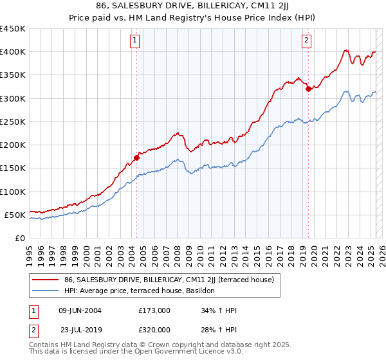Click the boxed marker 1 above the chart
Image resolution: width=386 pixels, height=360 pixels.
136,40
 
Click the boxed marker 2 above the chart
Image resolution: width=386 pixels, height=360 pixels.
307,40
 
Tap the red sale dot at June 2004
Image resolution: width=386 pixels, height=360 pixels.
136,157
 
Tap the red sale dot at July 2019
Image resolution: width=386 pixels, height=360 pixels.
308,89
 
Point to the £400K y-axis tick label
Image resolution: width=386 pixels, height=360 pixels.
13,52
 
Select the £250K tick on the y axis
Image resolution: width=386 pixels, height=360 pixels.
13,122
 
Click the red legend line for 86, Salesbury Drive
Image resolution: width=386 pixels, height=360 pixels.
46,280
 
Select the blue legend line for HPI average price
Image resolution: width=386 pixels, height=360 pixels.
46,291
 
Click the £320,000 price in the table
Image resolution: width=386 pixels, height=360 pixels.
154,330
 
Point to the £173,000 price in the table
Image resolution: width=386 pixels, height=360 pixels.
154,310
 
